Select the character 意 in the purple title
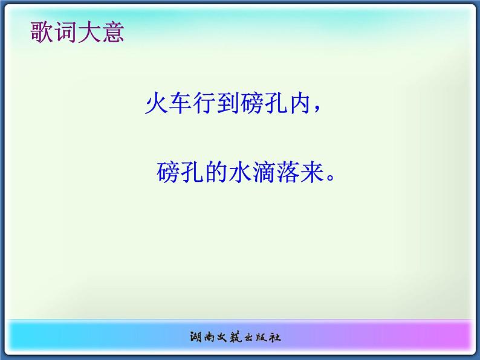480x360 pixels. (x=112, y=32)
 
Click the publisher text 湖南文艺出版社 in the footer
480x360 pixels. (x=240, y=336)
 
